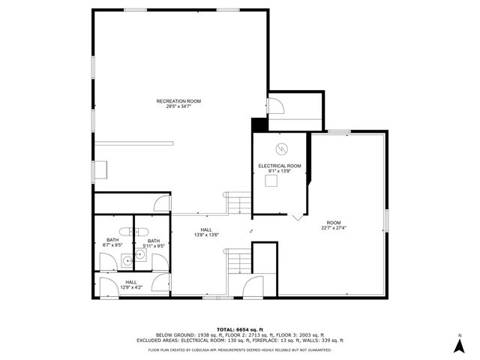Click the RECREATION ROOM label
point(178,100)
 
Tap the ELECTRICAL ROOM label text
point(280,165)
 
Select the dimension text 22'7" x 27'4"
point(334,228)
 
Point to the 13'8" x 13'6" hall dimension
point(206,235)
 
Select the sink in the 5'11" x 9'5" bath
point(139,254)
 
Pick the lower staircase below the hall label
point(239,262)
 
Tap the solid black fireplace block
point(259,125)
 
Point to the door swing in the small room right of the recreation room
point(276,105)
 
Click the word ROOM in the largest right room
point(334,223)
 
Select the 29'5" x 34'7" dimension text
point(178,106)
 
